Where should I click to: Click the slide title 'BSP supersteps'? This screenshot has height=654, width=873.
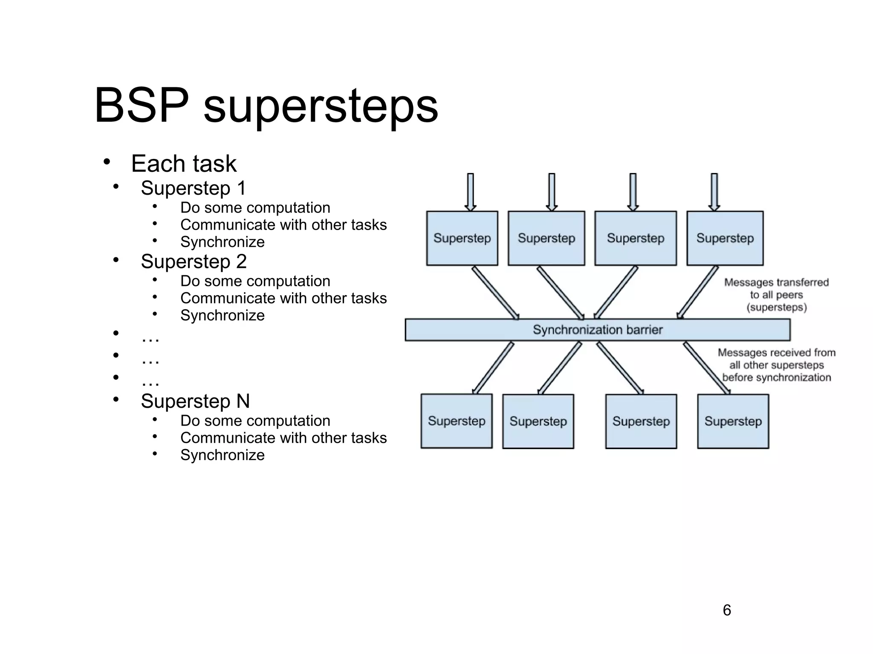266,105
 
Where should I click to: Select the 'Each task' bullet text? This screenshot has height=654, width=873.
183,164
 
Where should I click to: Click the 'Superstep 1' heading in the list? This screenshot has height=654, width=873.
193,188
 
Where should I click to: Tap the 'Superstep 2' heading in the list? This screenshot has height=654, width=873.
194,261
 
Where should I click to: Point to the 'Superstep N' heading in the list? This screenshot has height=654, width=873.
195,401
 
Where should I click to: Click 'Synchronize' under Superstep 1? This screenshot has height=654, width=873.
222,242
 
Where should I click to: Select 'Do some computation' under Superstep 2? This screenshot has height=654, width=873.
255,281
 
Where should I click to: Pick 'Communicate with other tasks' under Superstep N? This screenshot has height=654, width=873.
283,438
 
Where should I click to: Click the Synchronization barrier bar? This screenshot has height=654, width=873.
597,330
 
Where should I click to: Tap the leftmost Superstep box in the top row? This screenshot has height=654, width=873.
462,238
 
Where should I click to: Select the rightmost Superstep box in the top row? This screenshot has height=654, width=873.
725,238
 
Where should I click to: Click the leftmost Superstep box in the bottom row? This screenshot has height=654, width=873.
456,421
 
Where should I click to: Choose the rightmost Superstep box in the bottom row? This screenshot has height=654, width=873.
733,421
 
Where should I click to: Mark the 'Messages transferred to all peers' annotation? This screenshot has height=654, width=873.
776,295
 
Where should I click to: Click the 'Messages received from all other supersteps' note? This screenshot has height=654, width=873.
776,365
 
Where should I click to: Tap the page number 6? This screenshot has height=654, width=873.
727,610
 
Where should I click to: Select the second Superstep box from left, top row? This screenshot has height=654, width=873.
546,238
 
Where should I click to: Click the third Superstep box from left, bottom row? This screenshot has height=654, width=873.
641,421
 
